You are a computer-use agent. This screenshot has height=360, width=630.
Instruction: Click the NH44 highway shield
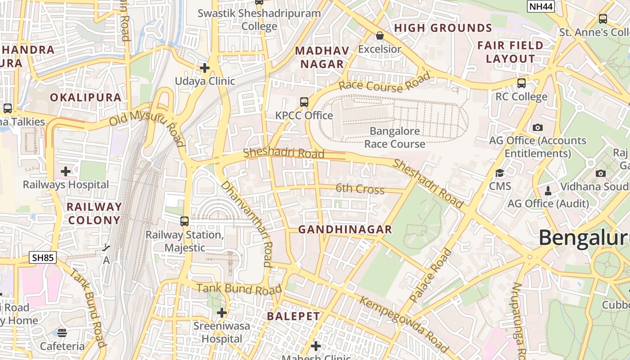point(540,6)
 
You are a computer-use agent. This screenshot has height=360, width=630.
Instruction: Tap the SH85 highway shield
point(43,257)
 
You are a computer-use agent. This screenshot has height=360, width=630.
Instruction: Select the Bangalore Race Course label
point(395,138)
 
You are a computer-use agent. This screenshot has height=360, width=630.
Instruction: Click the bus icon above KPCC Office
point(304,102)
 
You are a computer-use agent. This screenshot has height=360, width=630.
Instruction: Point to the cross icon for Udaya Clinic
point(205,68)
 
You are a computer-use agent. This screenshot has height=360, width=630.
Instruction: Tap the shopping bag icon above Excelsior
point(380,36)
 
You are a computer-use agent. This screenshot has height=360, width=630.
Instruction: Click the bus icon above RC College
point(521,83)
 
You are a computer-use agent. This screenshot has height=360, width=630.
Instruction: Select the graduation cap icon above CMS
point(499,173)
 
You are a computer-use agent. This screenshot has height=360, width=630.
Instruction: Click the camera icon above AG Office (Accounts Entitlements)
point(537,128)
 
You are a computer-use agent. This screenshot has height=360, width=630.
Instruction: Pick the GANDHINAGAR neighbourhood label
point(345,229)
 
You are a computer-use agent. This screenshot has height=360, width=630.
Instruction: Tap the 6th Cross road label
point(360,189)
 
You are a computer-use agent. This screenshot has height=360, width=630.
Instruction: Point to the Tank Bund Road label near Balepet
point(239,288)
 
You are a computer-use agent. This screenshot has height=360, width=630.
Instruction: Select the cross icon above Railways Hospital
point(66,171)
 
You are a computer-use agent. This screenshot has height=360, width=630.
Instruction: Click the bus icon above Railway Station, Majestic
point(184,221)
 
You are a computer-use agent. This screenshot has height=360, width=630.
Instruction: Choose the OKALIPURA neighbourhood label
point(85,97)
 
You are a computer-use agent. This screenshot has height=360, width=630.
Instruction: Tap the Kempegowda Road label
point(404,324)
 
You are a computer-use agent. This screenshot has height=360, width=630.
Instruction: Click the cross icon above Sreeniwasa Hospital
point(221,313)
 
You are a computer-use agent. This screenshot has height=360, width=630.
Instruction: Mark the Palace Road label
point(431,275)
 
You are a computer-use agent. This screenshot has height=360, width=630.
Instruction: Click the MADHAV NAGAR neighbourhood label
point(322,57)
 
